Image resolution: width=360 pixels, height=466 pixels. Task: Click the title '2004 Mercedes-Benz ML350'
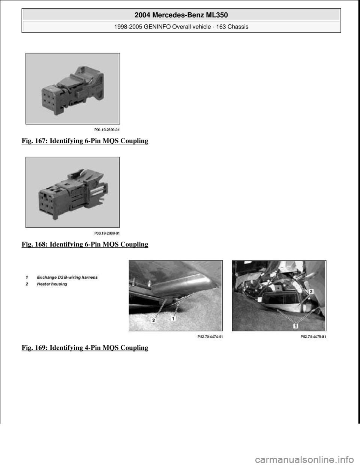[181, 15]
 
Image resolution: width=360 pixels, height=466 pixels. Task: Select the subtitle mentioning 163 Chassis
[181, 27]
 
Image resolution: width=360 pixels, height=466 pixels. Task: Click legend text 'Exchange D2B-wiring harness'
[67, 277]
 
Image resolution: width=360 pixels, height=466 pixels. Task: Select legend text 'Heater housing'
[52, 284]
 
